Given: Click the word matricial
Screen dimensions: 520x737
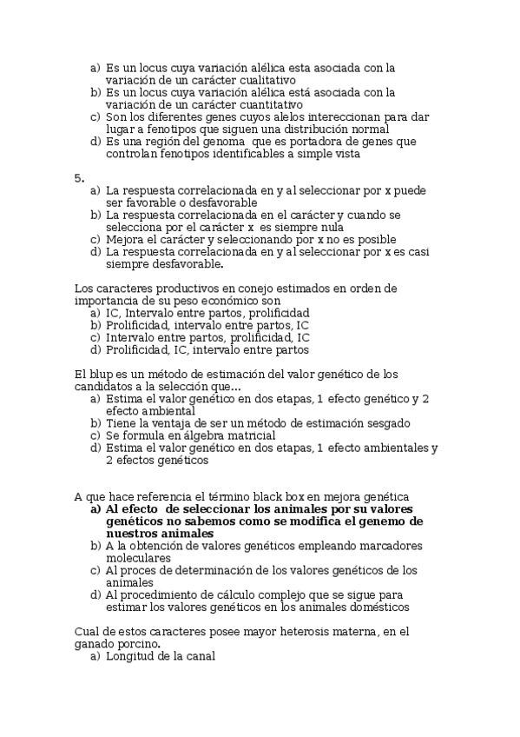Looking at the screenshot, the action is tap(250, 435).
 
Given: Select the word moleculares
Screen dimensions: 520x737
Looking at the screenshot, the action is tap(139, 558).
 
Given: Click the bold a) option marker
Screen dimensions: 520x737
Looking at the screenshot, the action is tap(95, 509).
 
